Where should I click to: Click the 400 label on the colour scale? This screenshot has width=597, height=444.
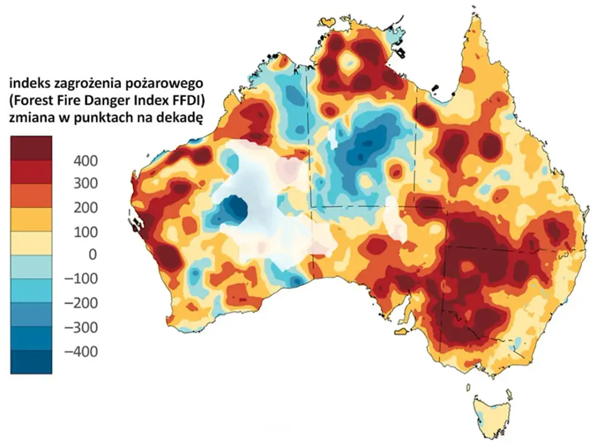(86, 161)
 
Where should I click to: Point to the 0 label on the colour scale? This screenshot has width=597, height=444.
(92, 254)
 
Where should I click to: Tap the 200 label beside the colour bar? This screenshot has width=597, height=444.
(86, 208)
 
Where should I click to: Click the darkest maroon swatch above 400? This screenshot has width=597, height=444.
(31, 148)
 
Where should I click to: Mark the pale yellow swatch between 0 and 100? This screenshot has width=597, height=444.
(31, 242)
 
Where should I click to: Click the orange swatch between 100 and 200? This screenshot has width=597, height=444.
(31, 219)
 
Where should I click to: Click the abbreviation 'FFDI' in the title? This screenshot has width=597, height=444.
(184, 100)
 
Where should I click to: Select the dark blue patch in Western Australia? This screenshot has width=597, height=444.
(231, 210)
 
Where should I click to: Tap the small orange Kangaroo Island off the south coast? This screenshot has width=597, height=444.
(402, 331)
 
